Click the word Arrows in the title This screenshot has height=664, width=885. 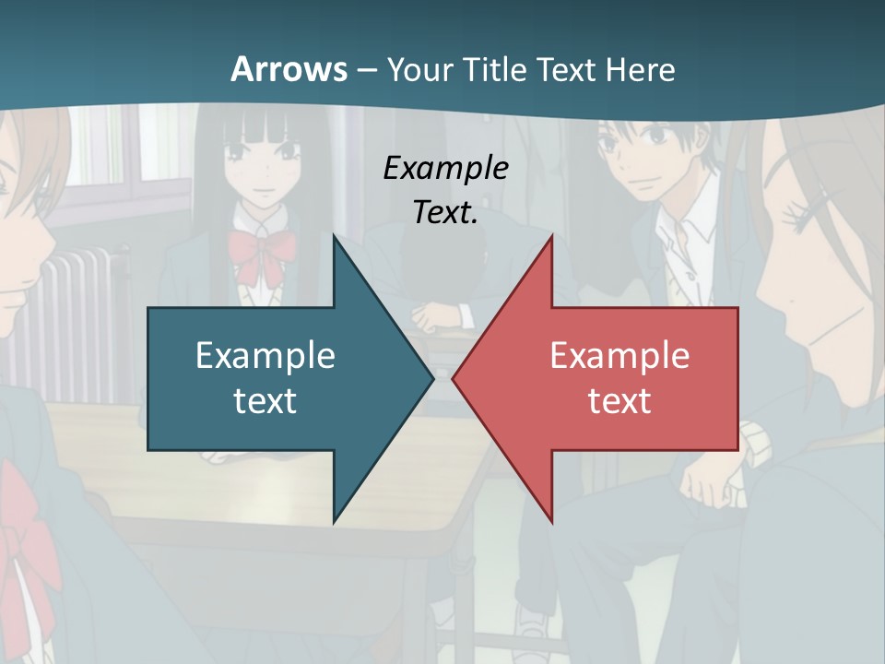coord(289,69)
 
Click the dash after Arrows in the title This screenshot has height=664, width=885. coord(367,70)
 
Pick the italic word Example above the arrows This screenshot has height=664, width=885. coord(446,168)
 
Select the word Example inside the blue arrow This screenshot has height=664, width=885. coord(265,356)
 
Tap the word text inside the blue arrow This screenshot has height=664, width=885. coord(265,400)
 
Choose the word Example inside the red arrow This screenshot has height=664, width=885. coord(619,356)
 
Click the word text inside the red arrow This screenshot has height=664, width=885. coord(619,400)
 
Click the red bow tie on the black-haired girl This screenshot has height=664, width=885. coord(261,254)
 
